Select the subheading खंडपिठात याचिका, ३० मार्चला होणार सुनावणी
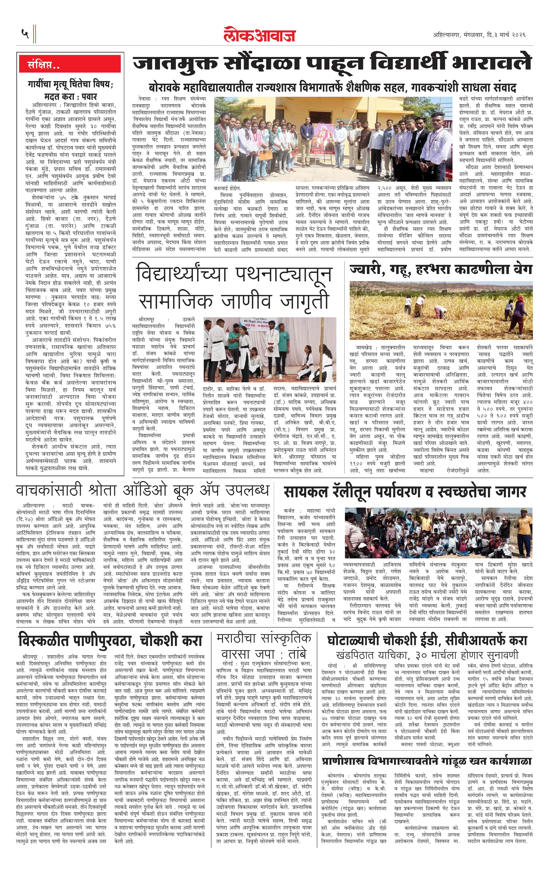pos(427,655)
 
